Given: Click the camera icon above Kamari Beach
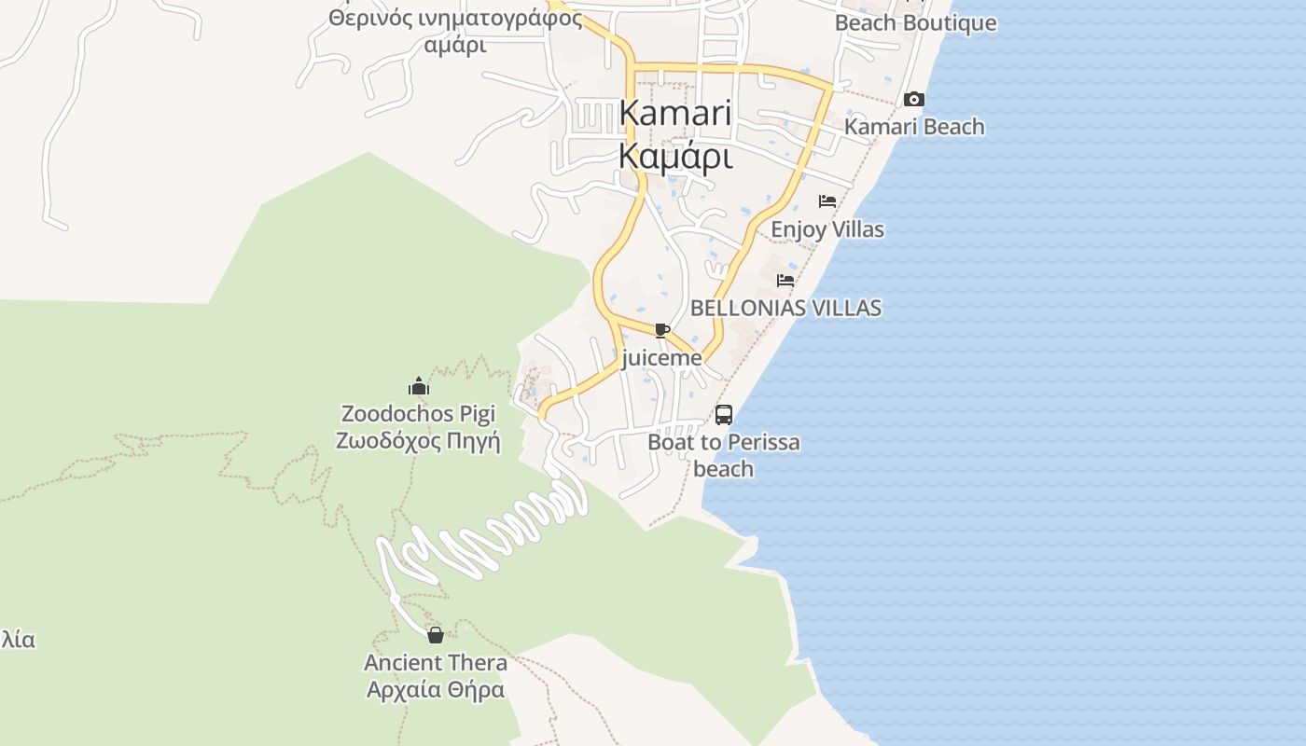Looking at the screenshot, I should tap(914, 100).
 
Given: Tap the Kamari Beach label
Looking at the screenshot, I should tap(914, 127).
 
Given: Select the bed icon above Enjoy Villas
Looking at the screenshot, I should tap(827, 201).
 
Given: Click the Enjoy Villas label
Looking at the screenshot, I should tap(827, 229).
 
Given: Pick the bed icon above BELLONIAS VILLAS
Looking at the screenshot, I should tap(785, 280).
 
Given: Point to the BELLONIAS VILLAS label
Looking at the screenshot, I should tap(785, 308).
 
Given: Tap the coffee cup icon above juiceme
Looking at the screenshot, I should tap(661, 331).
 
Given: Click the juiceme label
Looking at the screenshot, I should tap(661, 358).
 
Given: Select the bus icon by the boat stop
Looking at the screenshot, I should tap(724, 415).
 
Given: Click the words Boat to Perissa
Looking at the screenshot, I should tap(724, 442).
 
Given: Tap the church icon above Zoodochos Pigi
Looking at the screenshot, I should tap(418, 386).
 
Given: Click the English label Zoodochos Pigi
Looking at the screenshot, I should tap(418, 413).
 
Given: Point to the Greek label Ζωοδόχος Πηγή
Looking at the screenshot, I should tap(418, 440).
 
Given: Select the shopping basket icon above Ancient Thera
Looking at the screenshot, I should tap(436, 636).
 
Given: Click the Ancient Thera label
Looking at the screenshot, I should tap(436, 663).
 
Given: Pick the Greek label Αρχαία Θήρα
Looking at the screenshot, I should tap(436, 690).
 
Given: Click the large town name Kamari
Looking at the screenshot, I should tap(674, 114).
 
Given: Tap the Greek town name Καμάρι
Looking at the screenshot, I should tap(674, 157).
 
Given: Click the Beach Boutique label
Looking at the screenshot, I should tap(915, 23).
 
